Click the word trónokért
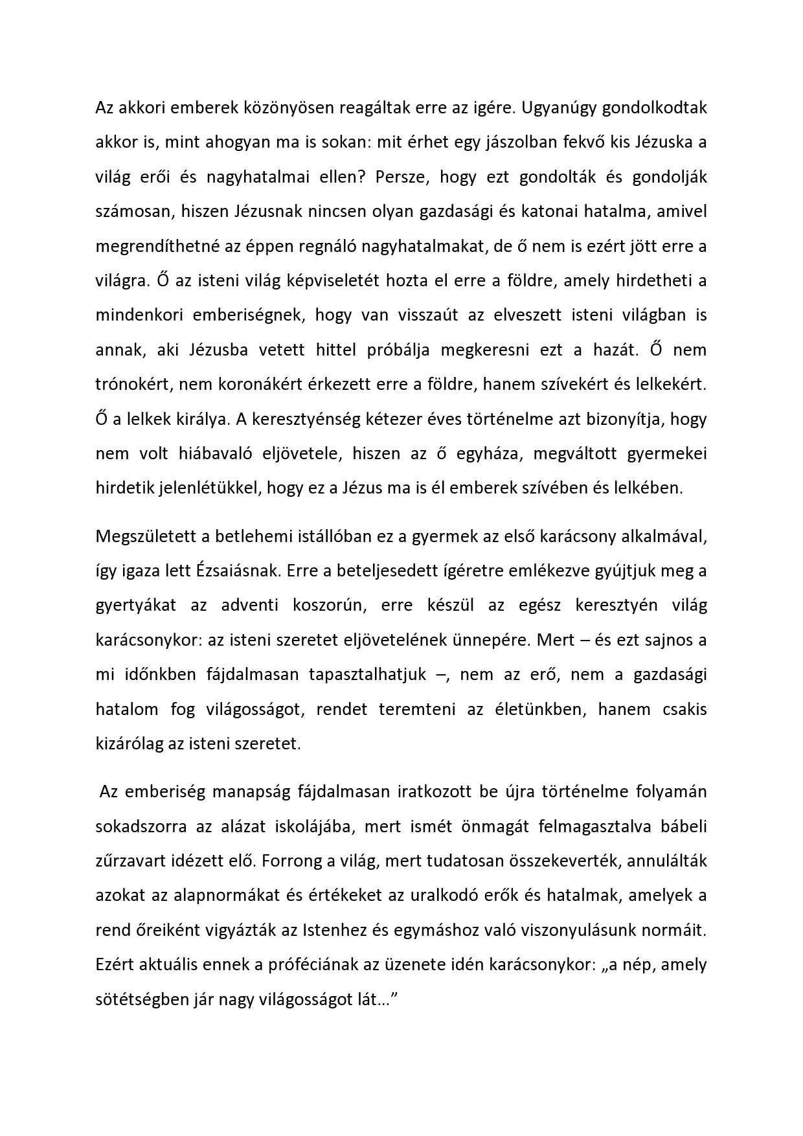click(x=133, y=384)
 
